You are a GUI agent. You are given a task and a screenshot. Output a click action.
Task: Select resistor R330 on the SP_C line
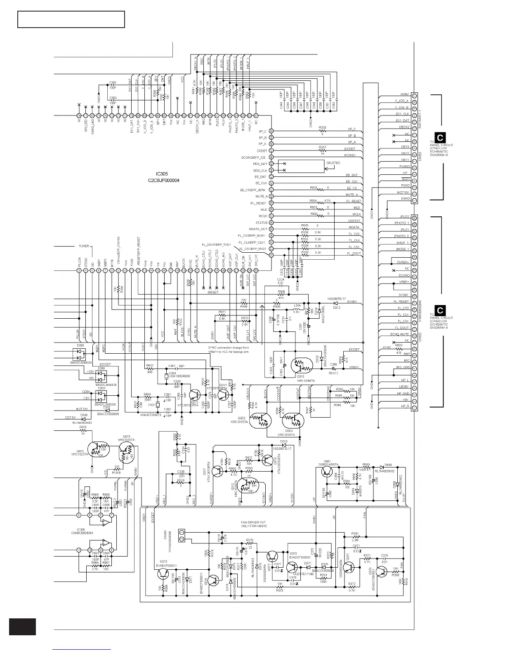click(x=323, y=131)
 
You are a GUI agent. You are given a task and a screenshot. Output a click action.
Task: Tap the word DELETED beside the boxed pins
click(x=333, y=163)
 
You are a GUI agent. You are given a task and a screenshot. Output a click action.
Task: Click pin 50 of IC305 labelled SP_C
click(x=271, y=131)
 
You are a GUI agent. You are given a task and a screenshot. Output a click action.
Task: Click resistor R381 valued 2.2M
click(x=355, y=537)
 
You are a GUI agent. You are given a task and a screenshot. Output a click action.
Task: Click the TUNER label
click(x=84, y=246)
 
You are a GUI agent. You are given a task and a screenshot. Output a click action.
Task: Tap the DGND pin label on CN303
click(x=405, y=199)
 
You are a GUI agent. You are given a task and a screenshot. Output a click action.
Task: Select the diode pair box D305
click(x=79, y=353)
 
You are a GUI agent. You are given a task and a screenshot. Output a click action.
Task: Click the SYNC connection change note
click(x=228, y=350)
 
